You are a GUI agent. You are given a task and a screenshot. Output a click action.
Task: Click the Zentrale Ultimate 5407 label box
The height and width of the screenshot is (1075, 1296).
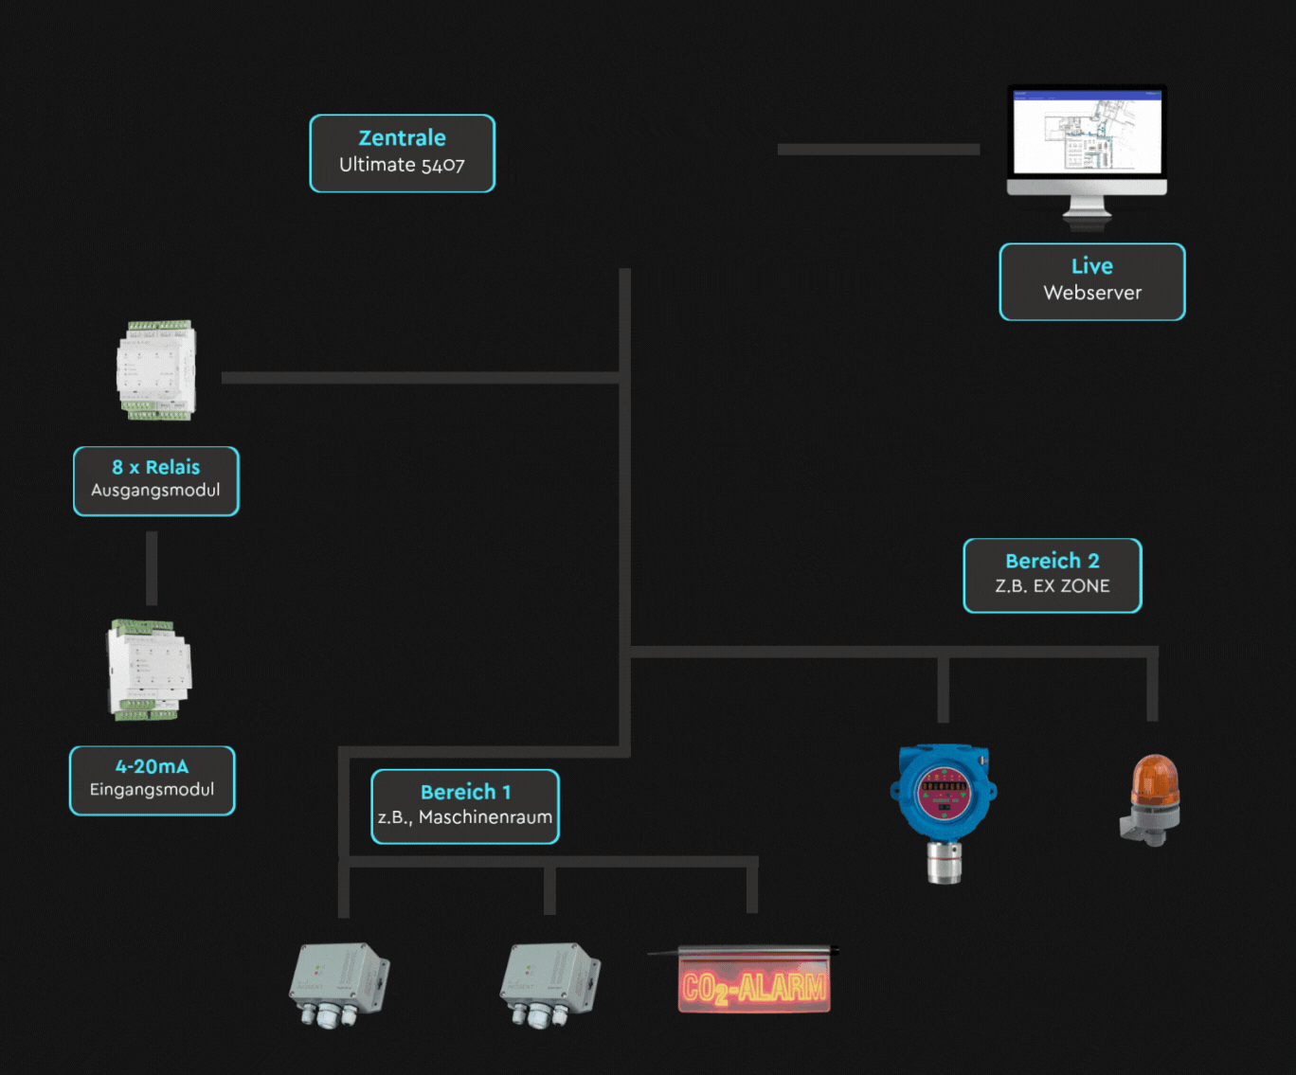pyautogui.click(x=402, y=153)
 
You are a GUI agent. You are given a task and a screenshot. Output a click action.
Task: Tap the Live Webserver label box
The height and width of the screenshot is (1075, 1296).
pyautogui.click(x=1091, y=281)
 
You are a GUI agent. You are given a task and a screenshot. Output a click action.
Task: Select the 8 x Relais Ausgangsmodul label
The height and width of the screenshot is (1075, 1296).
pyautogui.click(x=156, y=481)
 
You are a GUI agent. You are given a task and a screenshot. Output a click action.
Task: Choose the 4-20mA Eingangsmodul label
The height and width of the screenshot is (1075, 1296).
pyautogui.click(x=152, y=780)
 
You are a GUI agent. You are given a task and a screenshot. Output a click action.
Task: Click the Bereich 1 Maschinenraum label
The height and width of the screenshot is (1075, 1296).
pyautogui.click(x=465, y=806)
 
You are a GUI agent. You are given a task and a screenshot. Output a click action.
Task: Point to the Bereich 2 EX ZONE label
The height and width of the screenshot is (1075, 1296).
pyautogui.click(x=1052, y=575)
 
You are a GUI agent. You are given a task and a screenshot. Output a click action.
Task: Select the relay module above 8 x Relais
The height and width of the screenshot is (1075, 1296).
pyautogui.click(x=156, y=370)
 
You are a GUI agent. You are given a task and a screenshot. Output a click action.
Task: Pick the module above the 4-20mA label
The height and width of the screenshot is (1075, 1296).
pyautogui.click(x=150, y=669)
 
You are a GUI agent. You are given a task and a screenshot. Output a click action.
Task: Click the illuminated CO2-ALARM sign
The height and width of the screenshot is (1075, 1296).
pyautogui.click(x=754, y=985)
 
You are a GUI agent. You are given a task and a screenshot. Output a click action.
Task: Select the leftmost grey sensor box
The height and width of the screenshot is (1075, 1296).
pyautogui.click(x=338, y=983)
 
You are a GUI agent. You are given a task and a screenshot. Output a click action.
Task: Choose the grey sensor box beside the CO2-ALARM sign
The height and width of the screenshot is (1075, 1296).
pyautogui.click(x=549, y=983)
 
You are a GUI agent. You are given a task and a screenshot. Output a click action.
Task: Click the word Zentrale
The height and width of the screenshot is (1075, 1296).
pyautogui.click(x=402, y=138)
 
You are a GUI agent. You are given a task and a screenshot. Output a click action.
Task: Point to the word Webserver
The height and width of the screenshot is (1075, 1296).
pyautogui.click(x=1092, y=294)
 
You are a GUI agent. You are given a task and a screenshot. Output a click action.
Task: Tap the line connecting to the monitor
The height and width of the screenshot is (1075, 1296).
pyautogui.click(x=878, y=149)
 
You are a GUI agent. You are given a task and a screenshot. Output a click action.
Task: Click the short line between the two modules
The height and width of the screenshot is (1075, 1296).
pyautogui.click(x=152, y=568)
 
